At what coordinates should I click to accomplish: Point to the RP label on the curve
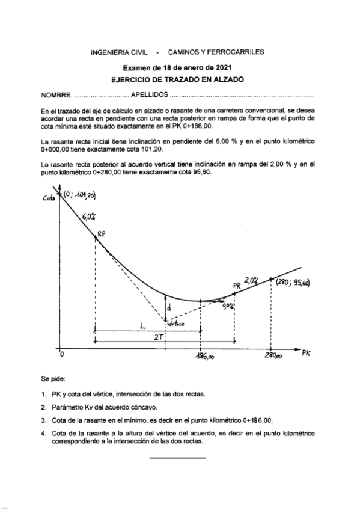coord(102,236)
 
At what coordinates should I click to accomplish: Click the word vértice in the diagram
coord(175,325)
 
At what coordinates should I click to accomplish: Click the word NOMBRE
coord(55,96)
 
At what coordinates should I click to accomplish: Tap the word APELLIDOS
coord(150,96)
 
